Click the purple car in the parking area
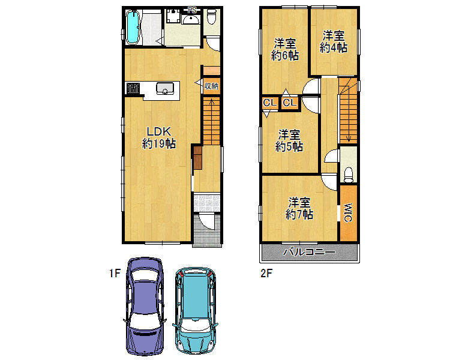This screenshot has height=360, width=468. pyautogui.click(x=145, y=306)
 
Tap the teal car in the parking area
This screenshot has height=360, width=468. pyautogui.click(x=195, y=310)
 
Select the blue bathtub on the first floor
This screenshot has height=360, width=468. pyautogui.click(x=133, y=27)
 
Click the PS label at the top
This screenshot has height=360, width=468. pyautogui.click(x=192, y=10)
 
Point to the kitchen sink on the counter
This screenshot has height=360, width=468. pyautogui.click(x=165, y=89)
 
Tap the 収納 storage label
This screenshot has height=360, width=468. pyautogui.click(x=211, y=86)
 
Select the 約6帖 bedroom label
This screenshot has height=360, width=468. pyautogui.click(x=285, y=56)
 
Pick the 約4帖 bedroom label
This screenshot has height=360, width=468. pyautogui.click(x=334, y=47)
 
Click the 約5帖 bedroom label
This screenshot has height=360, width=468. pyautogui.click(x=289, y=146)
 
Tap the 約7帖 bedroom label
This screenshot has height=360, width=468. pyautogui.click(x=299, y=214)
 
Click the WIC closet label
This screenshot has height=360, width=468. pyautogui.click(x=348, y=212)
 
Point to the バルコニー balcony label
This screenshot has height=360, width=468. pyautogui.click(x=309, y=252)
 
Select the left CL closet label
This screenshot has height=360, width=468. pyautogui.click(x=270, y=103)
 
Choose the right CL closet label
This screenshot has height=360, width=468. pyautogui.click(x=290, y=103)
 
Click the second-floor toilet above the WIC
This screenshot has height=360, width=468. pyautogui.click(x=349, y=175)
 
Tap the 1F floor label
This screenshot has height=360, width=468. pyautogui.click(x=115, y=273)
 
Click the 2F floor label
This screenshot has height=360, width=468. pyautogui.click(x=266, y=273)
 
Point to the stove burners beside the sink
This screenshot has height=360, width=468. pyautogui.click(x=133, y=88)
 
